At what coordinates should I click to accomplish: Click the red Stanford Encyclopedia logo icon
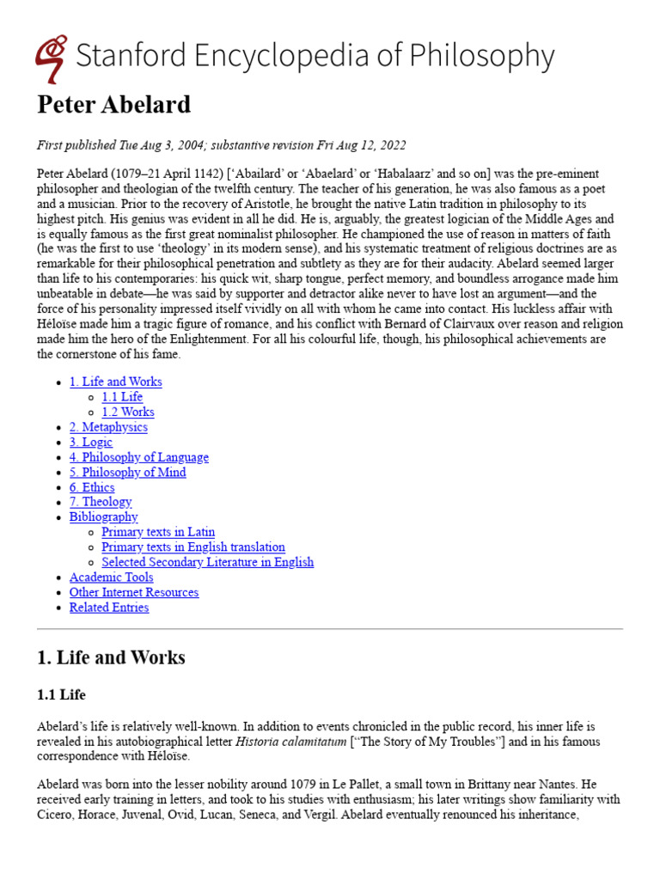52,58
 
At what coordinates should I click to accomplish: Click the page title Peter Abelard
113,105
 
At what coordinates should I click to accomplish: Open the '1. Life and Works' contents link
115,382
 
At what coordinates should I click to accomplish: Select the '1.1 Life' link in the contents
122,397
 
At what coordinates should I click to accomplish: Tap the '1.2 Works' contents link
128,412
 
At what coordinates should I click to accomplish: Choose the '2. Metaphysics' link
108,427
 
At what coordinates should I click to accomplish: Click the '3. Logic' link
91,442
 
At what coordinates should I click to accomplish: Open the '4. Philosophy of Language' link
138,457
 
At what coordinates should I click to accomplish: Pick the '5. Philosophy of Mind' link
127,472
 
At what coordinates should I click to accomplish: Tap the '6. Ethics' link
92,487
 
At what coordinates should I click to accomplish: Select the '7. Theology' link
101,502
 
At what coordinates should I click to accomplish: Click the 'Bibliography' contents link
103,517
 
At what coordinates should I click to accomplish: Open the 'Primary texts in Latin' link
158,532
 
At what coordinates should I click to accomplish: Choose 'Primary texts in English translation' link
193,547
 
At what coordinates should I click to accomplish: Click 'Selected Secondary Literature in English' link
207,562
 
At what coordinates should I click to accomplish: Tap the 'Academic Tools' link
111,577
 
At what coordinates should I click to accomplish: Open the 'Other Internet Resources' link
133,592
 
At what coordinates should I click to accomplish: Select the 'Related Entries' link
108,608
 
